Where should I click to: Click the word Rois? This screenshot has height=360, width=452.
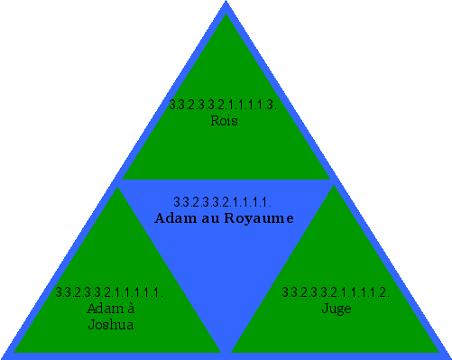[x=224, y=120]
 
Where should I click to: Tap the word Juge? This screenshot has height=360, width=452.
[x=335, y=309]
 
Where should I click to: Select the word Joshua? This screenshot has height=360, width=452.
[x=111, y=325]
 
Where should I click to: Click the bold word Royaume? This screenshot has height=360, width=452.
[x=259, y=218]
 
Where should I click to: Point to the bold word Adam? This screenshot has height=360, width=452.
[x=171, y=218]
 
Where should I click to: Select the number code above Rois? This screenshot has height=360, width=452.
[x=222, y=105]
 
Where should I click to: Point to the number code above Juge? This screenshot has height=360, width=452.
[x=335, y=292]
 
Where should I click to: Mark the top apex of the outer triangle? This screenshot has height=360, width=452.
[x=226, y=3]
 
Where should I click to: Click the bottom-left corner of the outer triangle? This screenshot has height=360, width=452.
[x=3, y=355]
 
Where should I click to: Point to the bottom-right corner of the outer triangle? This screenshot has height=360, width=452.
[x=448, y=355]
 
